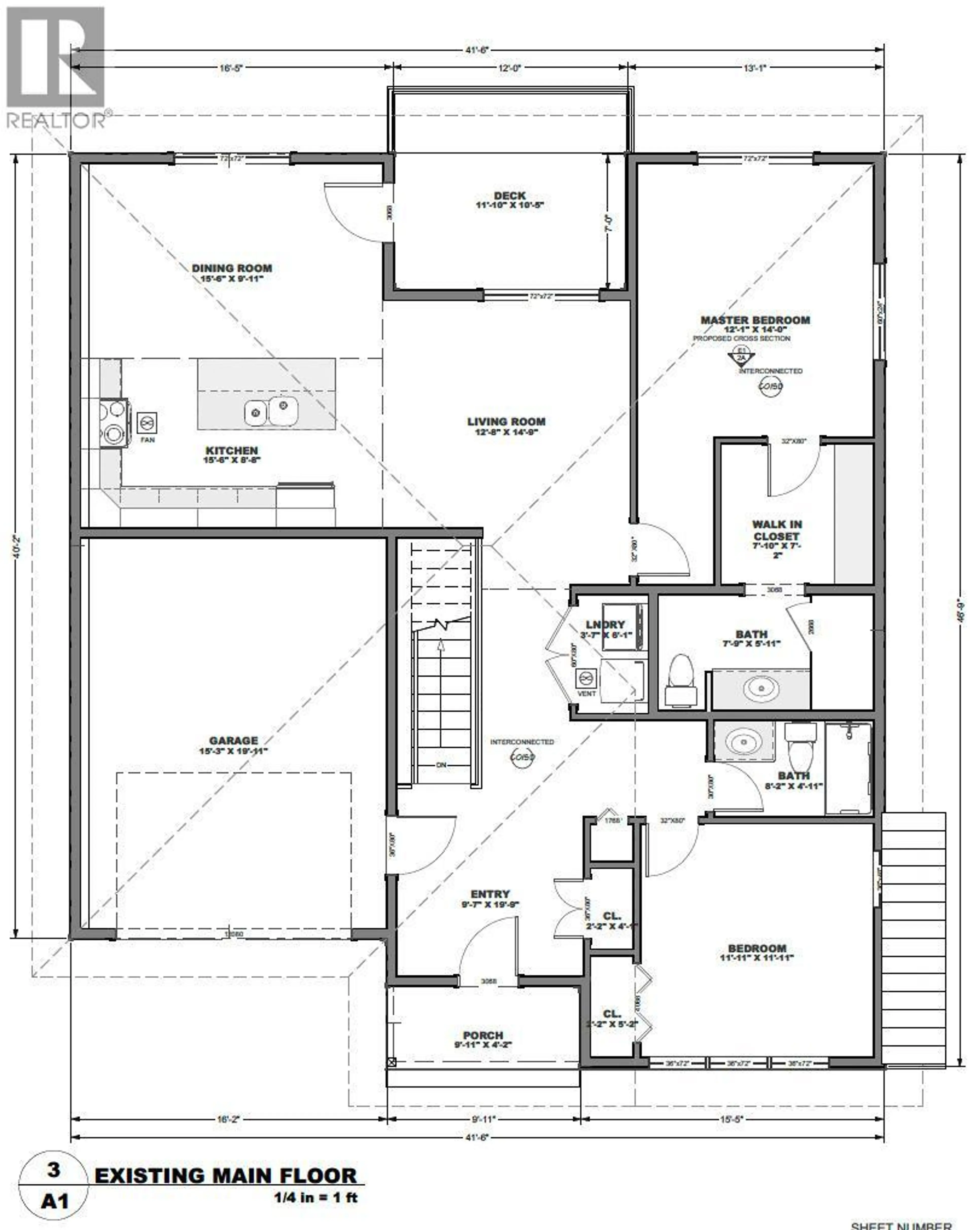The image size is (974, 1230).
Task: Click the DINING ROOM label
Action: tap(232, 268)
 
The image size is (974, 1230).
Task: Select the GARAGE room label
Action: tap(233, 741)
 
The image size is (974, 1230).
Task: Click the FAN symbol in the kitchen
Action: tap(147, 423)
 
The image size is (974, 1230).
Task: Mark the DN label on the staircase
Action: tap(441, 765)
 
